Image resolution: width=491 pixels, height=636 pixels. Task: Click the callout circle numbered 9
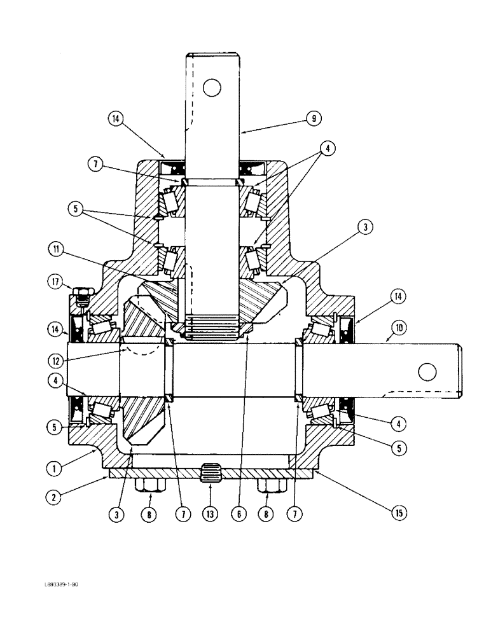pos(314,118)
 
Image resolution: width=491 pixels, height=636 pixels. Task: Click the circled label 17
pos(55,280)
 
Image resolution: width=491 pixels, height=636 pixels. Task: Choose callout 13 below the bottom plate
pos(210,513)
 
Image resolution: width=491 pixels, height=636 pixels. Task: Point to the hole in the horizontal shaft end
pos(427,371)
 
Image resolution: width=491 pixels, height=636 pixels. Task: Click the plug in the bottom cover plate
pos(211,474)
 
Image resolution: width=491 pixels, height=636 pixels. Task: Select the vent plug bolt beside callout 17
pos(80,294)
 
